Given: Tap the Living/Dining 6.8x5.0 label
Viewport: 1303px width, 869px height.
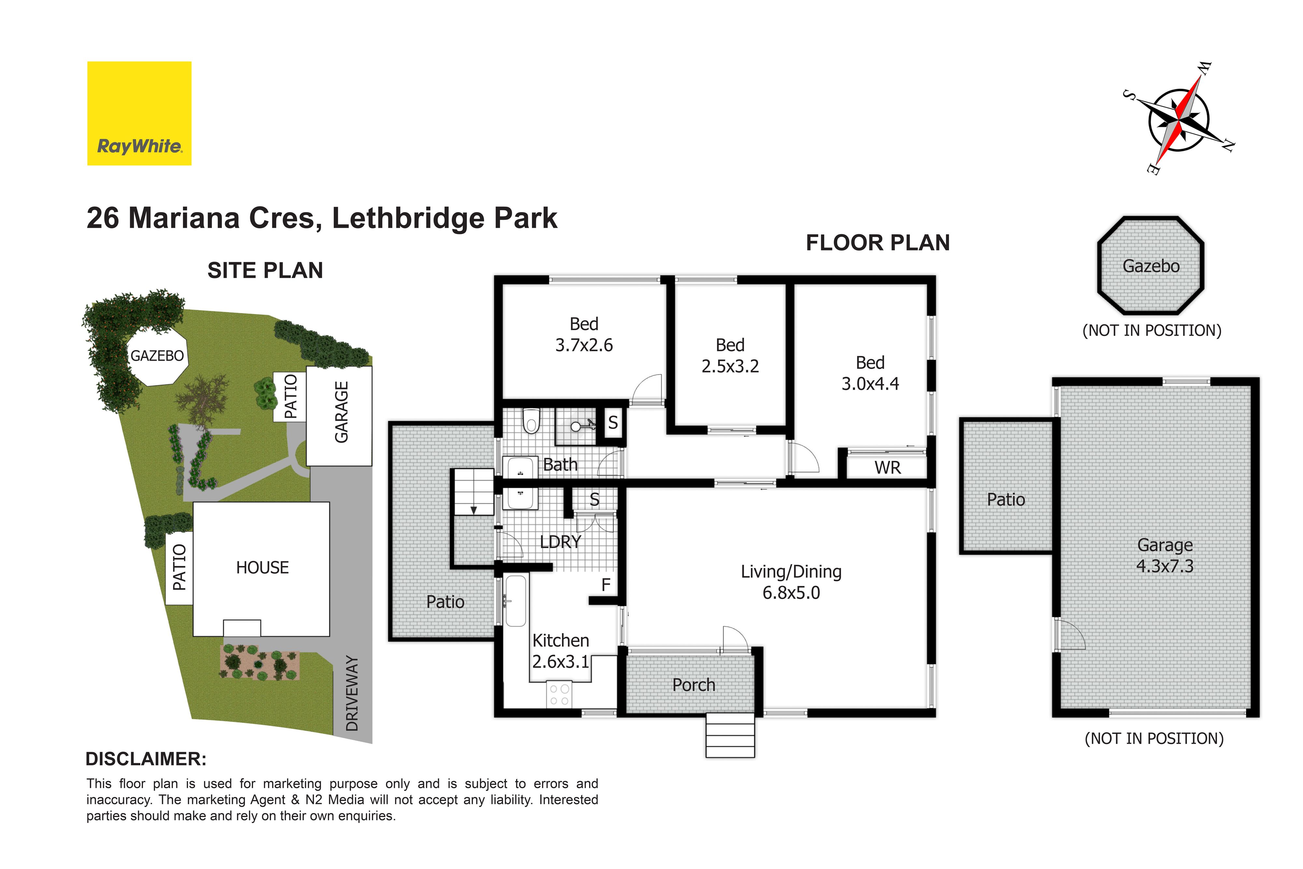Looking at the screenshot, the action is pos(791,582).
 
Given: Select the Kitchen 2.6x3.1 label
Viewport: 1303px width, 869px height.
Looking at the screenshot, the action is pos(561,651).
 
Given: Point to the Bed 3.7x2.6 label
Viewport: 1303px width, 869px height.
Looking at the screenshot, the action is pos(584,334).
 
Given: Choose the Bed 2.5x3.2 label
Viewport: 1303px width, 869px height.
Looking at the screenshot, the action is pos(730,355).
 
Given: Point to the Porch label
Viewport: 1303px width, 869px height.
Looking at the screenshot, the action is pos(694,685).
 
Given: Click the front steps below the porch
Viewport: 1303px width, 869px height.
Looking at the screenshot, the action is pos(730,735).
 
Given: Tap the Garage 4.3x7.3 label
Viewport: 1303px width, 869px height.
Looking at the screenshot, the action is pos(1165,555).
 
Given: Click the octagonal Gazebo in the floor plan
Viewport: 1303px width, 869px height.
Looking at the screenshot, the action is pos(1151,266).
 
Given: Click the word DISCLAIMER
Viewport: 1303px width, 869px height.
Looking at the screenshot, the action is pos(146,759).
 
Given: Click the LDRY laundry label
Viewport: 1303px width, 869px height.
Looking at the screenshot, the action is pos(561,542).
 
